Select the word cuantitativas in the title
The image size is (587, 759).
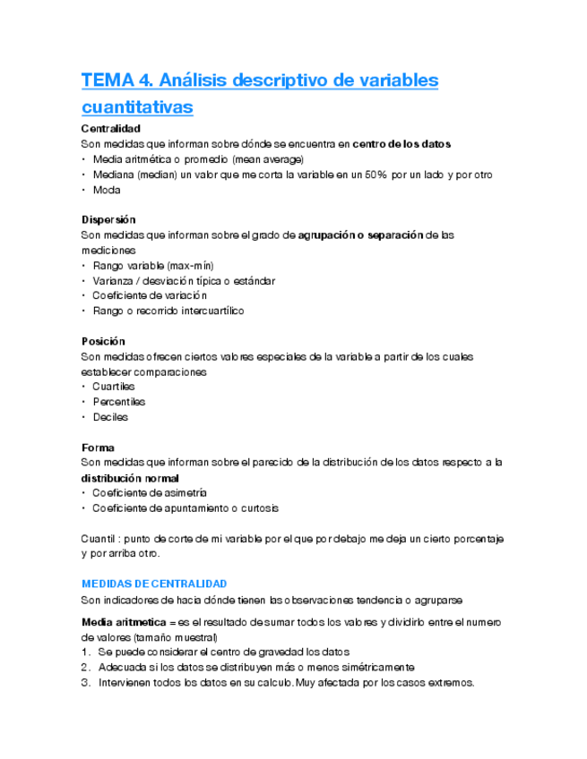pos(137,107)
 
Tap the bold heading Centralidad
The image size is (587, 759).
pos(110,129)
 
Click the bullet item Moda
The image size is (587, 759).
pos(106,190)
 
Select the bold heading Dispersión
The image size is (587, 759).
pos(108,219)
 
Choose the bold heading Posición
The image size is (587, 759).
pos(103,341)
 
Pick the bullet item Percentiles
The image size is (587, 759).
pos(118,402)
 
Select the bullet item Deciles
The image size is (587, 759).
pos(109,417)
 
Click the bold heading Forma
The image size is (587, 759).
pos(98,447)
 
